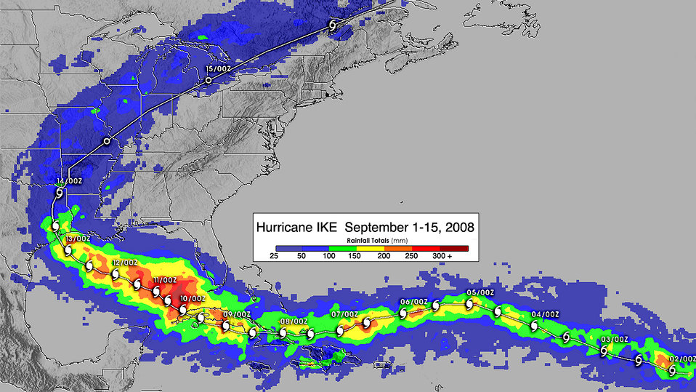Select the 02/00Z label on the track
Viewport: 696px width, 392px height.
[x=681, y=359]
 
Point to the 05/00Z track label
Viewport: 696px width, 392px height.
[x=480, y=292]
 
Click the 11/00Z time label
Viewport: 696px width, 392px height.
[x=166, y=280]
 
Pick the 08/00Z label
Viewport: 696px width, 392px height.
[x=294, y=321]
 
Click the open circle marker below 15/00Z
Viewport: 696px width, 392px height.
[x=209, y=80]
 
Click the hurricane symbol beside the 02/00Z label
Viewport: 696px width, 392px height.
[x=672, y=370]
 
